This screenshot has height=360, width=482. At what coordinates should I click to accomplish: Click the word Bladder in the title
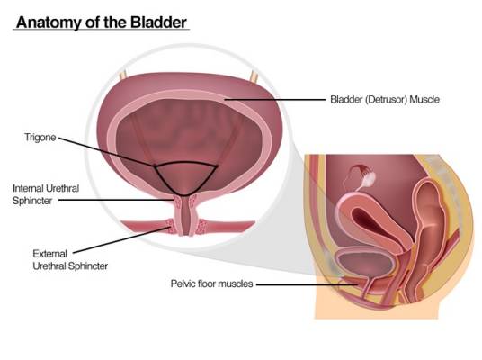158,22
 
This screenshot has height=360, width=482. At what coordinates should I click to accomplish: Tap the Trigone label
40,138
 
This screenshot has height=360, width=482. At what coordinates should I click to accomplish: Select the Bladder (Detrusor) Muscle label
385,99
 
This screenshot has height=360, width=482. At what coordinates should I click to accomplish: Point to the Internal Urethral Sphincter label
46,194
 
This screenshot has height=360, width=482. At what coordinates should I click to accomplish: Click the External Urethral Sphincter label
70,260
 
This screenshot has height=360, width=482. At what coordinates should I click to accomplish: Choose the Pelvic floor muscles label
212,283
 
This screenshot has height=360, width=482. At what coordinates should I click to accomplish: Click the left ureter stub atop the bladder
123,76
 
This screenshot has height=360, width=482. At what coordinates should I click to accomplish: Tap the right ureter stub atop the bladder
254,76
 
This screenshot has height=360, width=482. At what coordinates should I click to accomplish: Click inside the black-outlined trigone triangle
185,177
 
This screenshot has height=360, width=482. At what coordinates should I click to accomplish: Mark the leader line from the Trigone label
107,152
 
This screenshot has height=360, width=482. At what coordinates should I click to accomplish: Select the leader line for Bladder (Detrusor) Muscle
274,100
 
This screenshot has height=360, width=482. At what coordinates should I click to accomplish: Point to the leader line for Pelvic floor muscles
307,284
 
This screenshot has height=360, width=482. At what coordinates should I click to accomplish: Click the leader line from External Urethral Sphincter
121,240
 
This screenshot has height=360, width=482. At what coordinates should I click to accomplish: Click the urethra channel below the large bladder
184,217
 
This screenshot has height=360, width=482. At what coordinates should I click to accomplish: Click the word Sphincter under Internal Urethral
32,201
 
